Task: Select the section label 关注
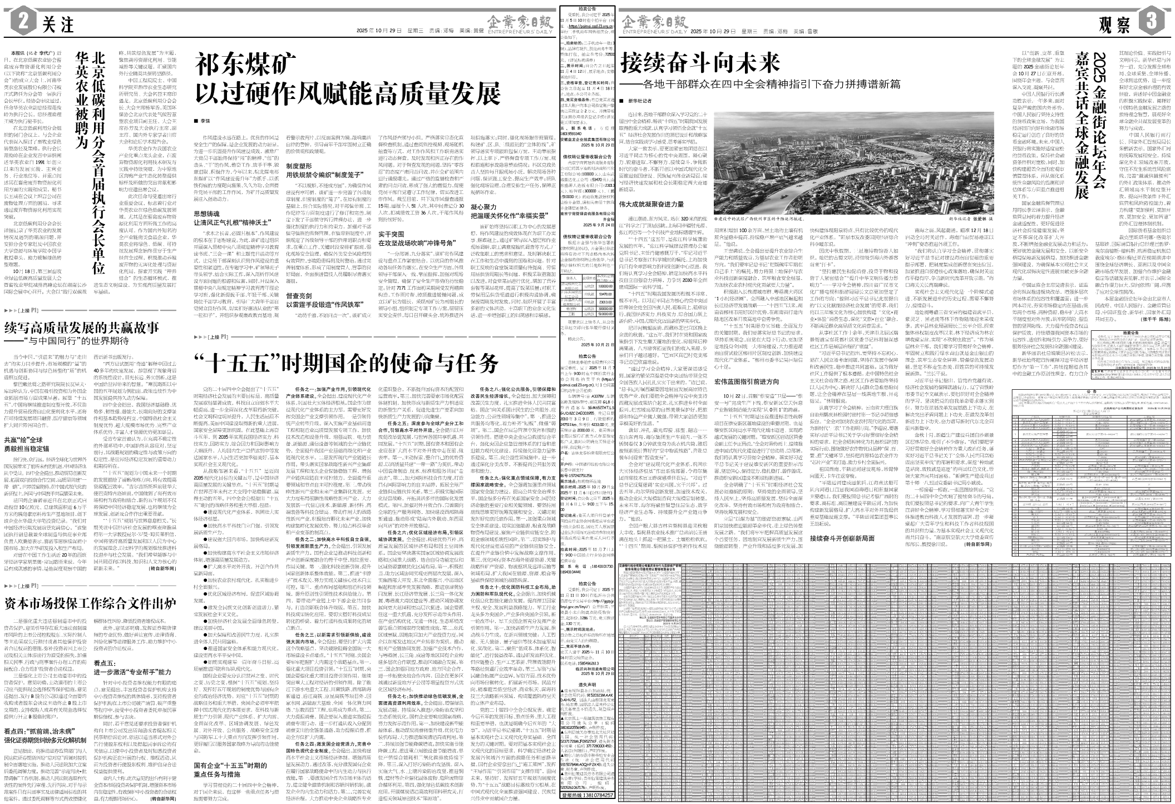58,25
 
